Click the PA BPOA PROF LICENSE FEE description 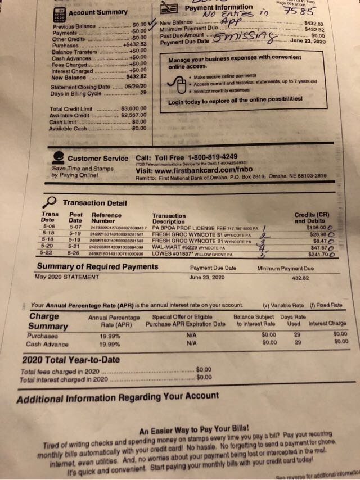195,228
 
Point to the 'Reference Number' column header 106,219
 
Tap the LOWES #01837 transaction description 188,254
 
